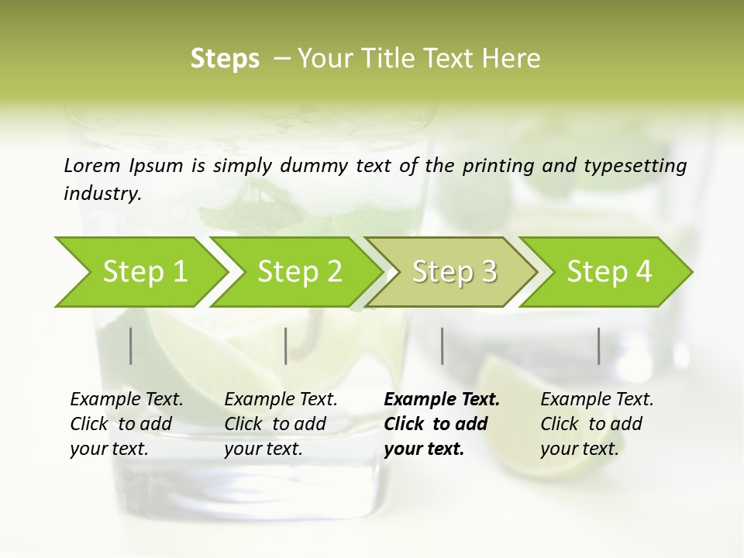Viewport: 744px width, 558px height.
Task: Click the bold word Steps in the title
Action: (225, 59)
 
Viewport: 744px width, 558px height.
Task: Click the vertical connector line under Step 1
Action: (131, 346)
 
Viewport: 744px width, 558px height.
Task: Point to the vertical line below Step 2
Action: (286, 346)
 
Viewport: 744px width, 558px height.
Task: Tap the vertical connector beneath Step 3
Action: (443, 346)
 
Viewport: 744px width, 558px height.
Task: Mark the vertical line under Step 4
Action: (599, 346)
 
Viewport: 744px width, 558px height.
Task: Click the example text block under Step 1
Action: (126, 424)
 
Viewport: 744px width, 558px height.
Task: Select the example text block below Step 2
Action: (281, 424)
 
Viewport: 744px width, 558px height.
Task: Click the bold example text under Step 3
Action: (442, 424)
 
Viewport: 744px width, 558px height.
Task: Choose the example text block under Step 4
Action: (597, 424)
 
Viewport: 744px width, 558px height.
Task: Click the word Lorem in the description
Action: (91, 165)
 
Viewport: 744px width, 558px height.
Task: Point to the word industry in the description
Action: (102, 193)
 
